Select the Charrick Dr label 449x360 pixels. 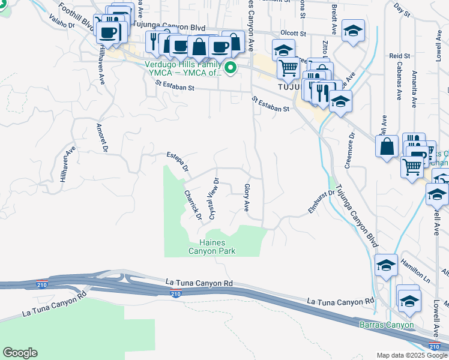point(192,204)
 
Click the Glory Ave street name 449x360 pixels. point(247,197)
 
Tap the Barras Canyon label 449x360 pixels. point(387,325)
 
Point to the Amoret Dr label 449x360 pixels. point(102,137)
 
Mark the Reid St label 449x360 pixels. point(399,56)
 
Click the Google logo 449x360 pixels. point(20,353)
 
